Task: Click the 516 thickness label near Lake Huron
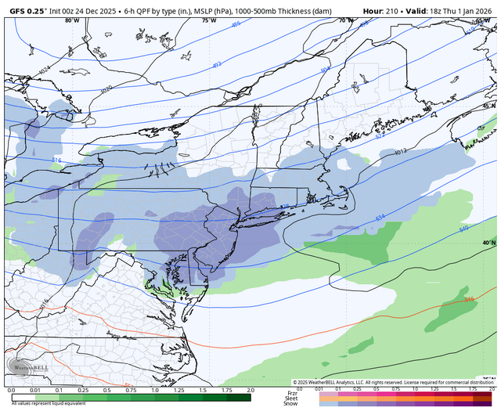coord(56,160)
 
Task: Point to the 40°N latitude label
coord(488,243)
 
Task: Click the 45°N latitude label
coord(488,105)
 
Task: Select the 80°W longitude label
coord(72,21)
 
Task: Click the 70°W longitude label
coord(343,21)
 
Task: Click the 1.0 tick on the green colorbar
coord(154,389)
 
